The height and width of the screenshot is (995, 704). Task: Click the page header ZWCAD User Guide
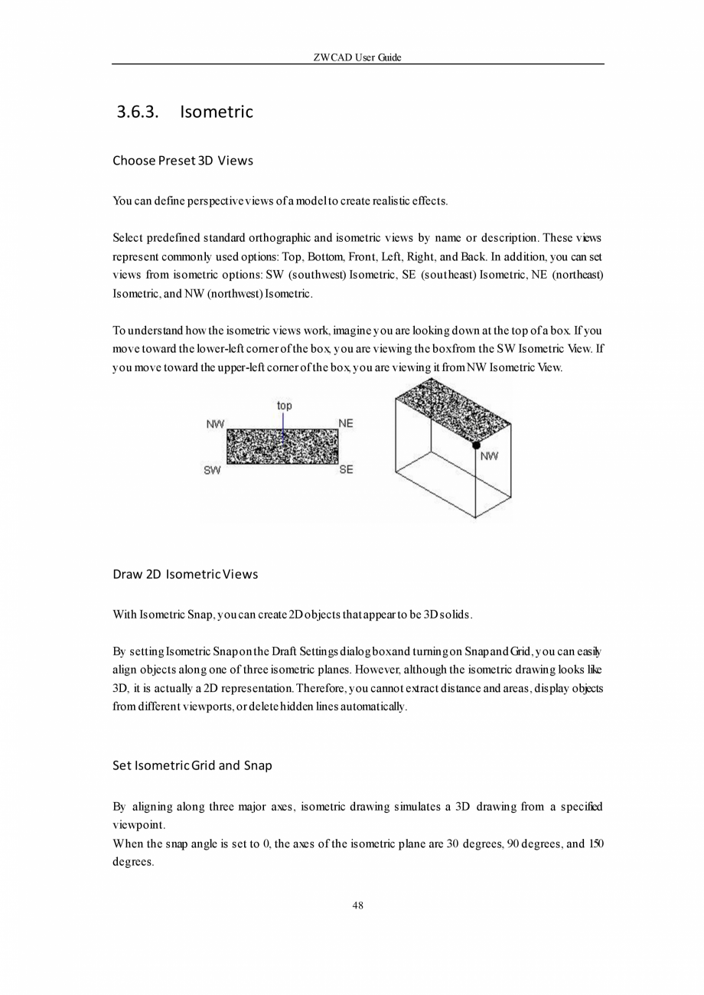[357, 57]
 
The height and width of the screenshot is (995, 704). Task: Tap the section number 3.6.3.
[137, 113]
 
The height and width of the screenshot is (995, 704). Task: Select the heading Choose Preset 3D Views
[182, 161]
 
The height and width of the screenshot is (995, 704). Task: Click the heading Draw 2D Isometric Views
[184, 574]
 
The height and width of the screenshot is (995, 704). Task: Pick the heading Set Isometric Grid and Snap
[192, 765]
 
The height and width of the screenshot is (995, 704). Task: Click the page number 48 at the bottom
[357, 906]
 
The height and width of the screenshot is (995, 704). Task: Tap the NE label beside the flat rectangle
[346, 423]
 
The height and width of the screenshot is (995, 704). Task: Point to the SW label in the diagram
[212, 470]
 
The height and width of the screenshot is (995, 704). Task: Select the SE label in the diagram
[346, 470]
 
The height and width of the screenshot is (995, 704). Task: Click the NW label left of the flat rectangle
[215, 423]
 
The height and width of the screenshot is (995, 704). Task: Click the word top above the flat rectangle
[284, 406]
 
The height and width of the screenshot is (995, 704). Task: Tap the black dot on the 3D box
[476, 445]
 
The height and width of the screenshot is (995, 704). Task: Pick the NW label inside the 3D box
[489, 457]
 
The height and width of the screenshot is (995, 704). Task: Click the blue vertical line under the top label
[283, 426]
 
